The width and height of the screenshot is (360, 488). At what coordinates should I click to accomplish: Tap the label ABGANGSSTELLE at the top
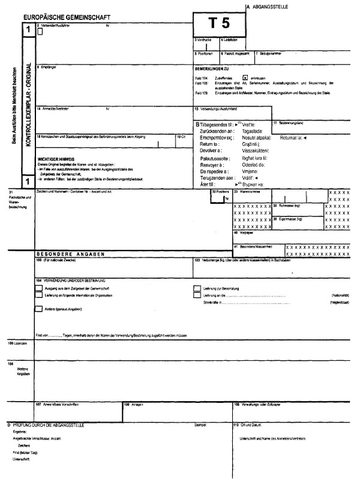(x=271, y=6)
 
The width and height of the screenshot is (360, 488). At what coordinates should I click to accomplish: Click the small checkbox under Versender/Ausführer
(x=40, y=33)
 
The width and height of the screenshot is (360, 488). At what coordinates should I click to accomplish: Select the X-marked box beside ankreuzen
(x=245, y=78)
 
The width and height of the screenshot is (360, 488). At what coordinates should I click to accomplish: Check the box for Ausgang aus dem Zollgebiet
(x=39, y=288)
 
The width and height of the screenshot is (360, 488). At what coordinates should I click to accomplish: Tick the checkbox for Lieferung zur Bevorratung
(x=197, y=288)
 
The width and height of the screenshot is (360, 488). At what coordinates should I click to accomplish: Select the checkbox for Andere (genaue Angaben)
(x=39, y=309)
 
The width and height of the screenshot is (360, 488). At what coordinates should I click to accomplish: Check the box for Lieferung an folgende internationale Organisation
(x=39, y=295)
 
